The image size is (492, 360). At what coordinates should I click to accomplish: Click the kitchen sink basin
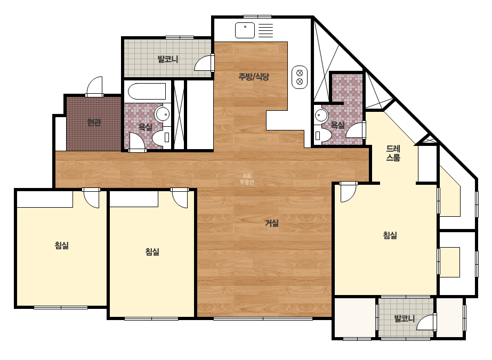(245, 30)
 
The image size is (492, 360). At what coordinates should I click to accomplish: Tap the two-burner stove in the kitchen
(300, 77)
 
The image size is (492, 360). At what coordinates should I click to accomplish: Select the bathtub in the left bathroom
(147, 91)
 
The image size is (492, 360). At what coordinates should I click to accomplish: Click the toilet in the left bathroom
(162, 137)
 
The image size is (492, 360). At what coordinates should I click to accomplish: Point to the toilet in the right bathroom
(322, 135)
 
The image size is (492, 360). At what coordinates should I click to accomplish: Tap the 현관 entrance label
(94, 122)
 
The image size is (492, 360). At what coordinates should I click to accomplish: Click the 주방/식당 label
(254, 77)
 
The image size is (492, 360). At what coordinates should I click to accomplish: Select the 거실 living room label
(272, 223)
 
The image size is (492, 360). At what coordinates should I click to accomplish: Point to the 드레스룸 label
(393, 153)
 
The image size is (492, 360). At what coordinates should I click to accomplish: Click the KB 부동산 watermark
(247, 179)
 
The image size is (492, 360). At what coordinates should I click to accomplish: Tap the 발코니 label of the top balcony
(167, 59)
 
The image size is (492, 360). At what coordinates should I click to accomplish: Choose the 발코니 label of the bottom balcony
(404, 318)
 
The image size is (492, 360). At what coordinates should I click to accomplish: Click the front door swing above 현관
(94, 86)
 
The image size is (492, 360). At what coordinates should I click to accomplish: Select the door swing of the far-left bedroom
(91, 198)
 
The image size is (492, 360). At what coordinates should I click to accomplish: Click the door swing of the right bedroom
(348, 192)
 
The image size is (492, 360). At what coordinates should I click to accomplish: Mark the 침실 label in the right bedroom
(390, 235)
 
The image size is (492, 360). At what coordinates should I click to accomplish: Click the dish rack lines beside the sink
(265, 30)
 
